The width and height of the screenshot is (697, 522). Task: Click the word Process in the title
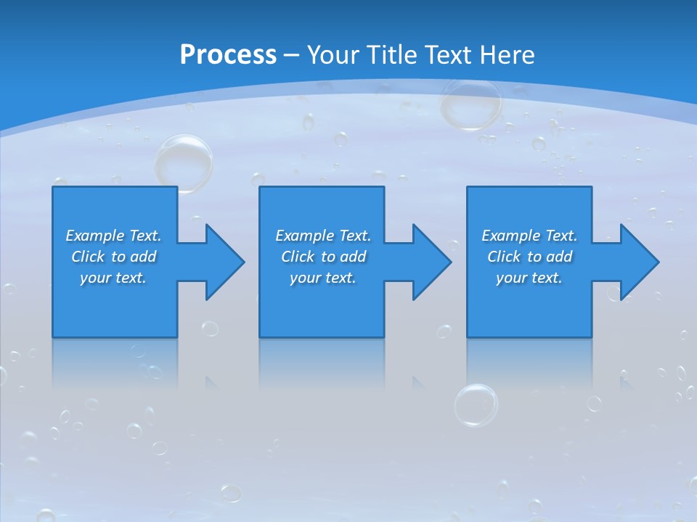coord(228,55)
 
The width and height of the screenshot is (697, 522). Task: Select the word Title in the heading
coord(393,55)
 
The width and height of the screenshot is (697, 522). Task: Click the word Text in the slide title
coord(449,55)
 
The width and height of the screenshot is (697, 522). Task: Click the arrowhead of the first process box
coord(222,262)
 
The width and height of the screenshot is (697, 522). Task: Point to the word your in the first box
coord(94,278)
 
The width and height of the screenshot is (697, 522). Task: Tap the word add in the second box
coord(352,257)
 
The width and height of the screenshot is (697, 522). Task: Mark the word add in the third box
coord(559,257)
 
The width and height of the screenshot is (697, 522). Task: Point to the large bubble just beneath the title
coord(471,104)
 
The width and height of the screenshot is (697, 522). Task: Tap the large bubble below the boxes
coord(476,405)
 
